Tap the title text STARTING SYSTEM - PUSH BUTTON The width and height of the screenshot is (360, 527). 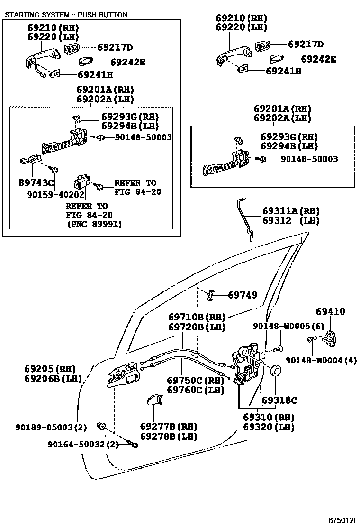(x=66, y=15)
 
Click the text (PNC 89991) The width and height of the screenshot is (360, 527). (x=94, y=224)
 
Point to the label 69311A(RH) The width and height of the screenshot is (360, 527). (x=291, y=211)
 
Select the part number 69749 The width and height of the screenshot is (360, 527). (x=243, y=295)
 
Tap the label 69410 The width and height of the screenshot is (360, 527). (x=330, y=312)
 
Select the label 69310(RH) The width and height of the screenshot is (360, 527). (x=269, y=418)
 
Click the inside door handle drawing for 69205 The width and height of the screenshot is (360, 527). (x=123, y=376)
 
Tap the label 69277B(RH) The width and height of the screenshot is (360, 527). (x=168, y=427)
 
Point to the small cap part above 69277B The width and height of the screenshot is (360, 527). (x=154, y=401)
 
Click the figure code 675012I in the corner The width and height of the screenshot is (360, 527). (x=341, y=519)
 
